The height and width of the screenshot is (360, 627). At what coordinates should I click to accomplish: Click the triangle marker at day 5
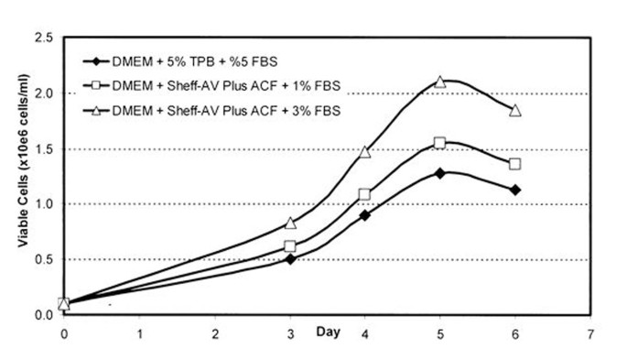(x=440, y=82)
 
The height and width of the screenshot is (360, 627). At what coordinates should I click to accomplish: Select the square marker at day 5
(x=440, y=143)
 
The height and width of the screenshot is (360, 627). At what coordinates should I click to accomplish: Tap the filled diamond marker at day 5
(x=440, y=172)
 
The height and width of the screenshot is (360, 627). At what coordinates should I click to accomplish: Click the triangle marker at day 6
(x=515, y=110)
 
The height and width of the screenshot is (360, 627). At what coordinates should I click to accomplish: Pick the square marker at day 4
(x=364, y=194)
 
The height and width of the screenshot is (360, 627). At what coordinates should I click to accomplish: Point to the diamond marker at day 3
(x=290, y=259)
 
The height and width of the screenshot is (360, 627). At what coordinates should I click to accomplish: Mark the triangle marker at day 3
(x=290, y=223)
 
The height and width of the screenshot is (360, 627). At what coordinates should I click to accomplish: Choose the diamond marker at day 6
(x=515, y=190)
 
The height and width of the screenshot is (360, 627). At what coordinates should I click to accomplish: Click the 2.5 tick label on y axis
(x=42, y=38)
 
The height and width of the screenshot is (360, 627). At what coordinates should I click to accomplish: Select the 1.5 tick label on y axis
(x=42, y=149)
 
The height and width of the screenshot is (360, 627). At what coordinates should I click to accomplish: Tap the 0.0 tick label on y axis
(x=42, y=315)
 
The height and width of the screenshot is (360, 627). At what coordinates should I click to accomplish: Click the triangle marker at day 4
(x=364, y=151)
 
